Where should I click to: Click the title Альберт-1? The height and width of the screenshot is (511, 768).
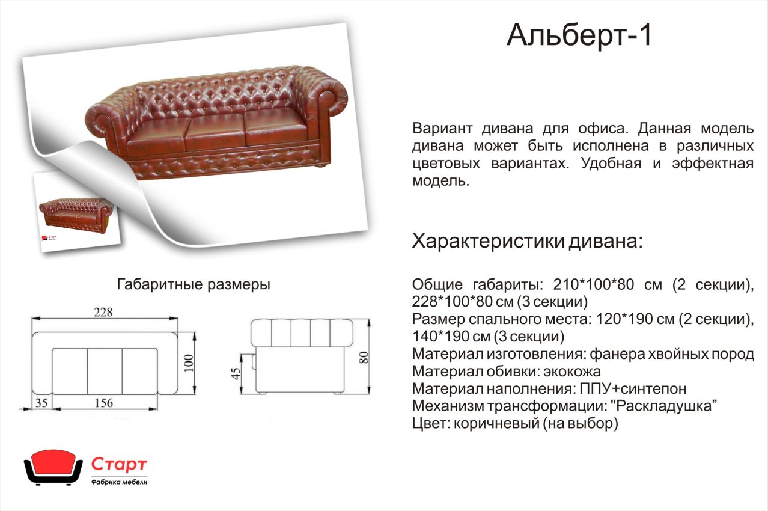(579, 35)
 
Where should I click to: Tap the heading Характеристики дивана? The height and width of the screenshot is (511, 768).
(527, 241)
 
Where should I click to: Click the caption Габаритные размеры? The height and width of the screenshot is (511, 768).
(194, 284)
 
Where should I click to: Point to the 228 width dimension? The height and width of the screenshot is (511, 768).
(103, 312)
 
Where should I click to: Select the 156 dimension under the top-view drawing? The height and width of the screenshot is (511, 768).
(103, 403)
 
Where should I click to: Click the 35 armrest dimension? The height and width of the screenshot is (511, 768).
(41, 403)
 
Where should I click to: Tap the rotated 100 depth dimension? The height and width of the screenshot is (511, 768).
(189, 364)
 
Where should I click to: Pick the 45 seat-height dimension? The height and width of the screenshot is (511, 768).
(236, 374)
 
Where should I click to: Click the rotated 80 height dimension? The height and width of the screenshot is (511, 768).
(364, 358)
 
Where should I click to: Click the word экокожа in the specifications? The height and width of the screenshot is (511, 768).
(572, 372)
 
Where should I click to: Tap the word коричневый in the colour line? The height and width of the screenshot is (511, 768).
(496, 424)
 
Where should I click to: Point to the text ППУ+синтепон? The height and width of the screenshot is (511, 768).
(633, 388)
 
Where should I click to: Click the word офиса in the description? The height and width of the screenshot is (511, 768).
(603, 129)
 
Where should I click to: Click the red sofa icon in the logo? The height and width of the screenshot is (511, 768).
(53, 467)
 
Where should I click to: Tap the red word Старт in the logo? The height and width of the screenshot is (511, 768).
(119, 464)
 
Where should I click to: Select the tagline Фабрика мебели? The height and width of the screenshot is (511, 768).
(120, 482)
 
